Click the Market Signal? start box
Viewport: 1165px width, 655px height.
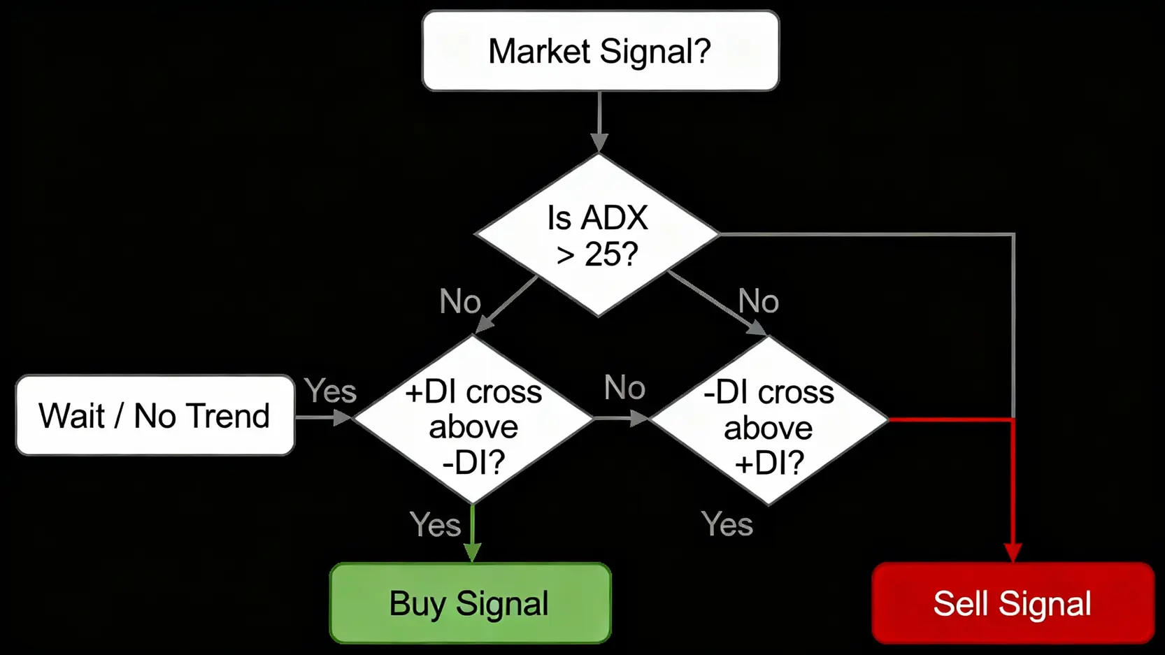pos(600,50)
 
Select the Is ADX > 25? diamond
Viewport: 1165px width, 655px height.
pos(597,235)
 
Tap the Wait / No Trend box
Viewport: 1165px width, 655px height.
pos(155,415)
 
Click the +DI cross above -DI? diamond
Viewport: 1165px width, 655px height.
pos(473,419)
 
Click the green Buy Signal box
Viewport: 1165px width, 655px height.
pos(470,603)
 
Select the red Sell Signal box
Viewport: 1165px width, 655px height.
pos(1013,603)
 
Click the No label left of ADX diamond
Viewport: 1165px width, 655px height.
pos(460,302)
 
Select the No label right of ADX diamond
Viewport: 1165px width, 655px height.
pos(759,302)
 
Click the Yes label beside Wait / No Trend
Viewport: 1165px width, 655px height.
pos(330,391)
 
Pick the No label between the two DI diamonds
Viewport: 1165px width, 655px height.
pos(624,388)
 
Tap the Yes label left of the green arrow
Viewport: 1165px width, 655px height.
pos(435,524)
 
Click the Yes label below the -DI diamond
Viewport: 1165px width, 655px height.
pos(727,524)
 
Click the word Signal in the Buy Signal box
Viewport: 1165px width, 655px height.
pos(502,604)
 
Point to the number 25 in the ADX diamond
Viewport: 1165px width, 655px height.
pos(602,254)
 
